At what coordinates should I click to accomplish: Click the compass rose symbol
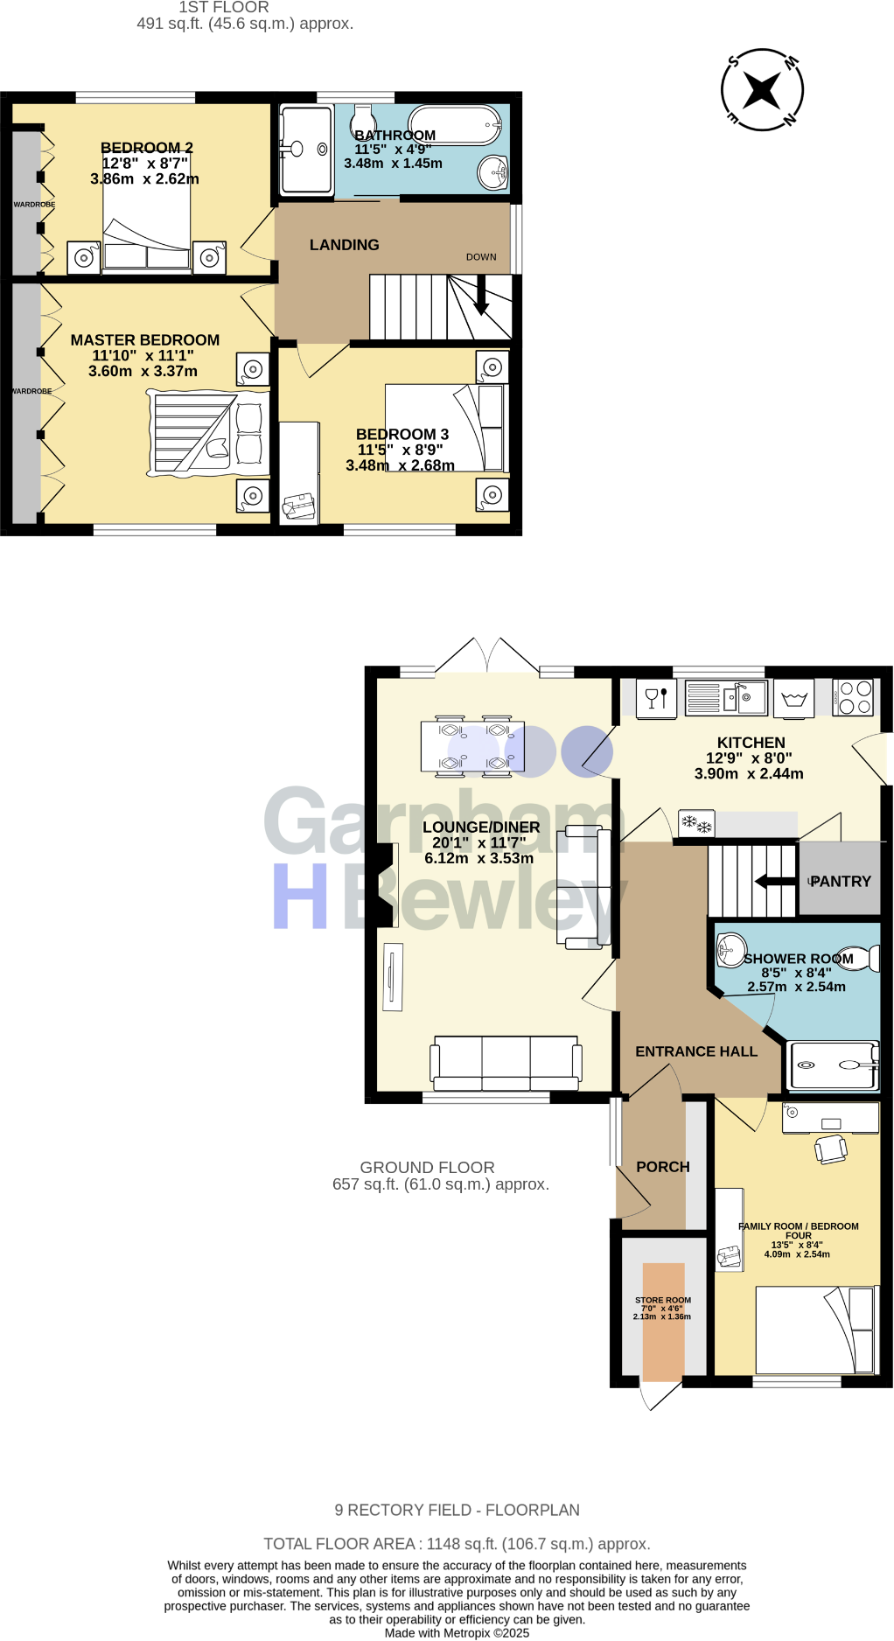click(762, 90)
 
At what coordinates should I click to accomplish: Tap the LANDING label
click(344, 245)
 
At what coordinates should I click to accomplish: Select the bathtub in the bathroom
click(455, 126)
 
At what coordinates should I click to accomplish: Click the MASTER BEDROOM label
click(145, 340)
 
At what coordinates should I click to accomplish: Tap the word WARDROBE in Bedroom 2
click(34, 205)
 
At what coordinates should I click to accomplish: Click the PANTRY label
click(841, 882)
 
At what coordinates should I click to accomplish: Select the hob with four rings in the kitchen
click(853, 697)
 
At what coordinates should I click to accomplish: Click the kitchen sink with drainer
click(726, 697)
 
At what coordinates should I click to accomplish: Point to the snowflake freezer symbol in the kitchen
click(696, 823)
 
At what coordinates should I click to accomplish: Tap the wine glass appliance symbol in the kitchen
click(656, 697)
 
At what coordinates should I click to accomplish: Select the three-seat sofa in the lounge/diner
click(506, 1062)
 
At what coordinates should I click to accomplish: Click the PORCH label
click(662, 1167)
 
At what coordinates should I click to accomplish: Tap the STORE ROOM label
click(662, 1300)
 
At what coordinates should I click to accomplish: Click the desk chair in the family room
click(831, 1149)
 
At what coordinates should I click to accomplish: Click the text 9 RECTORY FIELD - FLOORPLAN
click(457, 1510)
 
